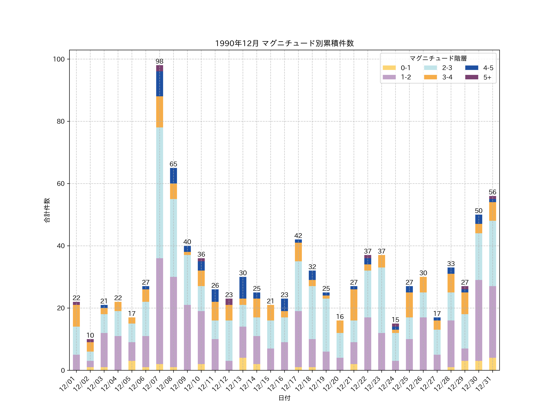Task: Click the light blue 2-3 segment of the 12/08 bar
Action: coord(173,238)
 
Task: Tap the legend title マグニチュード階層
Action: coord(438,58)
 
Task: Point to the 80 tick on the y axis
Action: coord(60,121)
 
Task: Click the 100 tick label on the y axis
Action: coord(59,59)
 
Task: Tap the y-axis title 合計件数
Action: coord(47,210)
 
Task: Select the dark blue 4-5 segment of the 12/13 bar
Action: coord(243,288)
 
